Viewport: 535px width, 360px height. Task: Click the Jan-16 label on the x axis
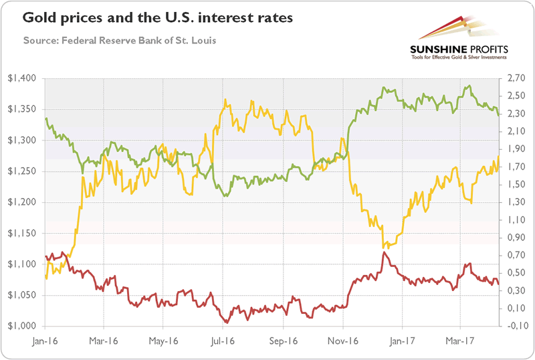[45, 339]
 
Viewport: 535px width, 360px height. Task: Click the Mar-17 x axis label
[460, 339]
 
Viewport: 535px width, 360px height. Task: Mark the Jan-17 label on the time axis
[401, 339]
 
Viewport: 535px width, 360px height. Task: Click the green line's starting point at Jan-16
[45, 118]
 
